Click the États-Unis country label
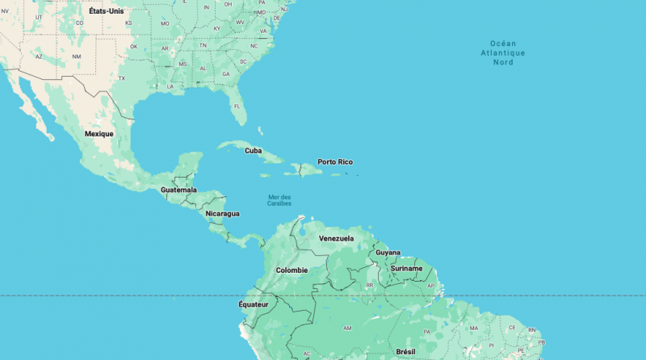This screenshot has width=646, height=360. click(x=107, y=11)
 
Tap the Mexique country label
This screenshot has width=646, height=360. click(x=99, y=133)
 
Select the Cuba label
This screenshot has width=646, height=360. click(x=254, y=150)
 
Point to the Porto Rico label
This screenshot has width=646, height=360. click(x=335, y=162)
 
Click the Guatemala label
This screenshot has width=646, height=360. click(x=178, y=190)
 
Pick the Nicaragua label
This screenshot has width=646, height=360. click(x=222, y=214)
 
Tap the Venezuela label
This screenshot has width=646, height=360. click(x=336, y=239)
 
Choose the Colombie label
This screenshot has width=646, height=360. click(x=292, y=270)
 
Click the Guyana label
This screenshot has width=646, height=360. click(x=388, y=253)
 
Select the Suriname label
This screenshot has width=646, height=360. click(x=406, y=268)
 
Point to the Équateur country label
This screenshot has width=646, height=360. click(x=253, y=304)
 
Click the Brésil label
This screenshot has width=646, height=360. click(x=405, y=352)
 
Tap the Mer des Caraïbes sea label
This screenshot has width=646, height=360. click(x=279, y=200)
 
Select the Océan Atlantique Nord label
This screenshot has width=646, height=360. click(x=503, y=52)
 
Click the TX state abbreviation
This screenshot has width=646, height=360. click(x=122, y=78)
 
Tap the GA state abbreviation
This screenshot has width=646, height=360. click(x=226, y=74)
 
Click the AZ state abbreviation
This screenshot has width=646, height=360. click(x=38, y=57)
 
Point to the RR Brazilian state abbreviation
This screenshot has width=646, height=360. click(x=369, y=286)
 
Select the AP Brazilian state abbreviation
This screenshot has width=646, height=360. click(x=431, y=286)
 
